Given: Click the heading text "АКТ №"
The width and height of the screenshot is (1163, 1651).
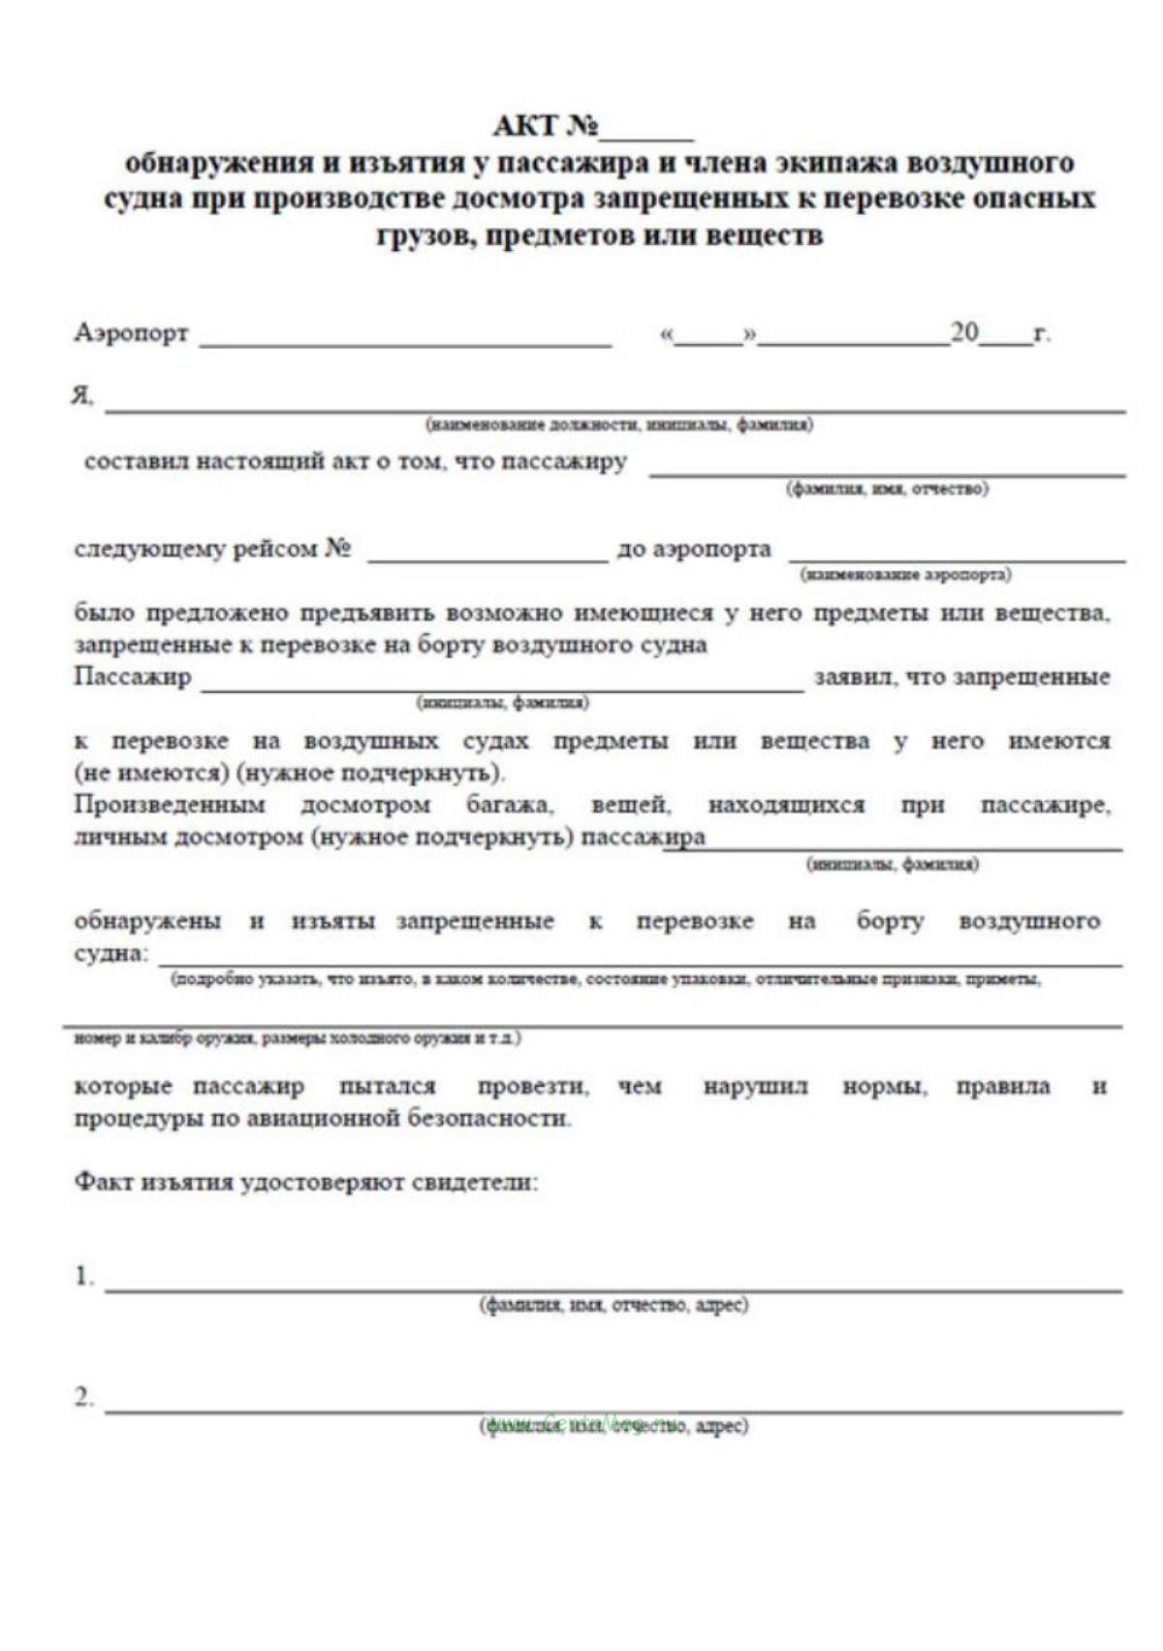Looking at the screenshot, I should click(546, 127).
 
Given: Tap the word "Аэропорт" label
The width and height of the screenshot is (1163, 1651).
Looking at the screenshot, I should click(131, 334).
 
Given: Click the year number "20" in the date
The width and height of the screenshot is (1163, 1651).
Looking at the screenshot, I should click(964, 333).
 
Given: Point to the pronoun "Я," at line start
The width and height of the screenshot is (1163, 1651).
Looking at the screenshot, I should click(82, 396).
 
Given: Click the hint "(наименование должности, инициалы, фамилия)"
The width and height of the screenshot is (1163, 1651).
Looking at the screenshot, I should click(618, 424).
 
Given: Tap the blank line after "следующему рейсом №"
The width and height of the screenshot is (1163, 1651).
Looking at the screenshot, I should click(487, 559).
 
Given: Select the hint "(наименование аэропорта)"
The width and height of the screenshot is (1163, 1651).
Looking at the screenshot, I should click(905, 575).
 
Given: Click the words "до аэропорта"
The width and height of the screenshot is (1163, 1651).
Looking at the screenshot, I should click(694, 549).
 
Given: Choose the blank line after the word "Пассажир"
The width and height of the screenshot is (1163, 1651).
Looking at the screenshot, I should click(502, 689).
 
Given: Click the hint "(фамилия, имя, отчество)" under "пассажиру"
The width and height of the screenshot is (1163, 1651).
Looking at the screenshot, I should click(887, 488).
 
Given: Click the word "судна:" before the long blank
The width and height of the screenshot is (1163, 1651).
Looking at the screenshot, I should click(111, 953).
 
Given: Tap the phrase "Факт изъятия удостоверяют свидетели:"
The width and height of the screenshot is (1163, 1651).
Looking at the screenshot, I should click(306, 1182).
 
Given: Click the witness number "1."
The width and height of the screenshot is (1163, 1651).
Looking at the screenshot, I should click(84, 1276).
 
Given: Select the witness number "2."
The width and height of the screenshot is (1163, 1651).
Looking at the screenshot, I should click(84, 1397).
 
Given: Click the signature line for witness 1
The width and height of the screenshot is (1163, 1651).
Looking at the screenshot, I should click(613, 1290).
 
